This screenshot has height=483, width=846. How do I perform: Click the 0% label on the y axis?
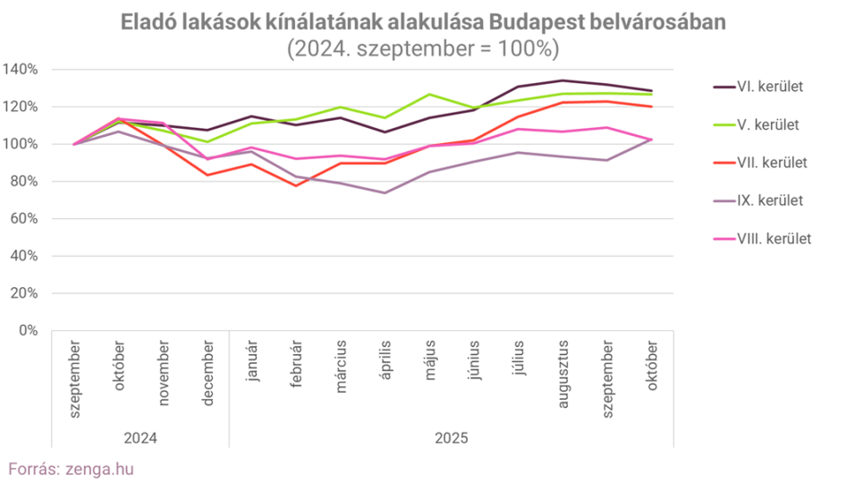[x=29, y=331]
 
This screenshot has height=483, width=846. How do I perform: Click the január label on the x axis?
[x=253, y=360]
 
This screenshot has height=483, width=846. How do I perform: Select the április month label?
[x=386, y=360]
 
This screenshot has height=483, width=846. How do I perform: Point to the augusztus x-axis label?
[x=563, y=374]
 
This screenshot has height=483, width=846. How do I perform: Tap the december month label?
[x=208, y=371]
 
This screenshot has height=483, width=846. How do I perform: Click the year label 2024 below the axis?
[x=141, y=438]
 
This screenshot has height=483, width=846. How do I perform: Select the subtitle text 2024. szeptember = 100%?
[x=422, y=48]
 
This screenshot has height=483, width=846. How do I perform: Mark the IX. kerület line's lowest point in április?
[x=385, y=192]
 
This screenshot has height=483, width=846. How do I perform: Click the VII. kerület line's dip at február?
[x=297, y=185]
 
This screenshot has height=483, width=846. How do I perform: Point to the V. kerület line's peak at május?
[x=430, y=94]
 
